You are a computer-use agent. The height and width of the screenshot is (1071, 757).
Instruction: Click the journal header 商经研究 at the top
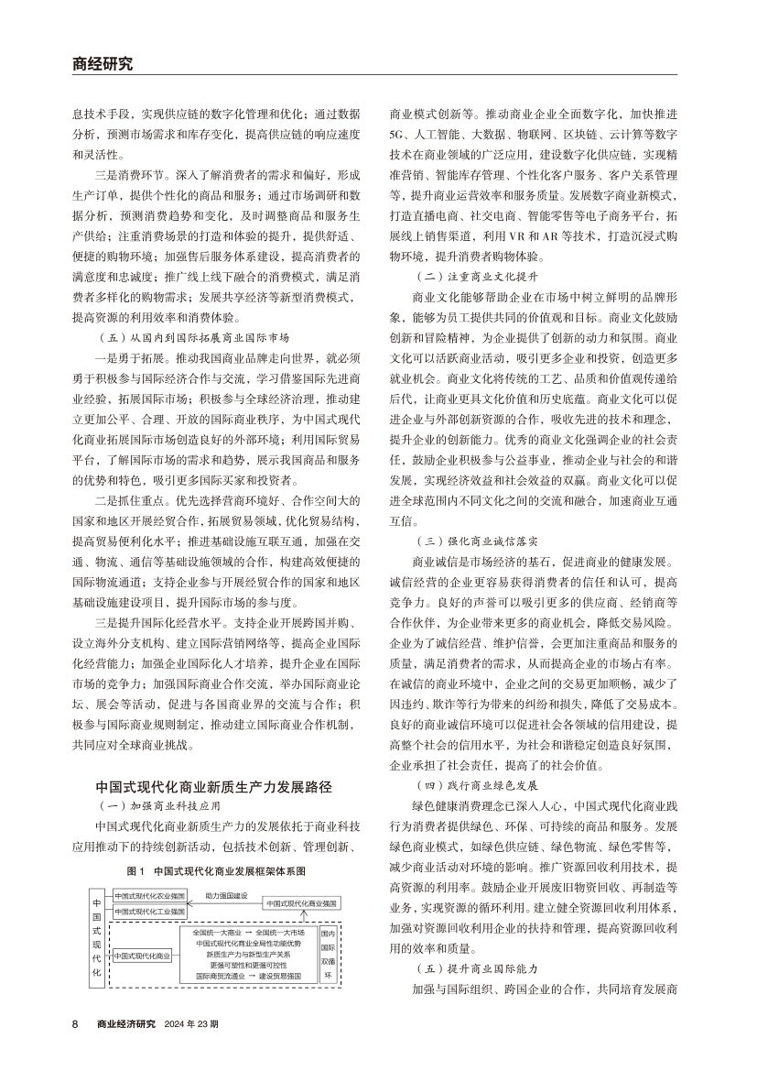coord(103,64)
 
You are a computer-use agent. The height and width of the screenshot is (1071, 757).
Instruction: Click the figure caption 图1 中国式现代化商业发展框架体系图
coord(216,870)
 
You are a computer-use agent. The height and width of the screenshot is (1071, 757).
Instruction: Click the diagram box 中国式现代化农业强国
coord(149,894)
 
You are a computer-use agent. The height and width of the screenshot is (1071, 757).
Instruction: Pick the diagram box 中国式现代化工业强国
coord(149,913)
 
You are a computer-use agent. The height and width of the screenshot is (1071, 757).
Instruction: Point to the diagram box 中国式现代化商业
coord(143,956)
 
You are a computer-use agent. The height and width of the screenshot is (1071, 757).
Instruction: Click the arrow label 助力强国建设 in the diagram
coord(226,894)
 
